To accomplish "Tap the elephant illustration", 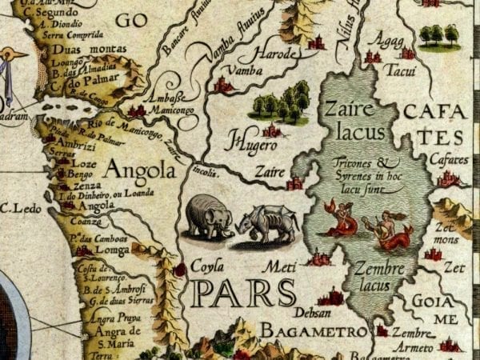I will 209,217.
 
